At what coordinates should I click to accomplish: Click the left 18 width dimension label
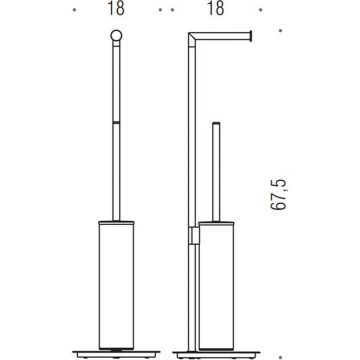[116, 9]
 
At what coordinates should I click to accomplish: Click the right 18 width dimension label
[215, 9]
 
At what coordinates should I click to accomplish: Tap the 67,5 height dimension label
[279, 194]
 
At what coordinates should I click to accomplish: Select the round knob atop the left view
[116, 36]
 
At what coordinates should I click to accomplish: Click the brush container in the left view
[116, 286]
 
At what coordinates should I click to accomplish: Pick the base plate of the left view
[116, 353]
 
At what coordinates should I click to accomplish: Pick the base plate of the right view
[217, 354]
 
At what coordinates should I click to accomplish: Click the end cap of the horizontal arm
[251, 36]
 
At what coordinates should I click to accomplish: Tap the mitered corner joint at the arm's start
[192, 40]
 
